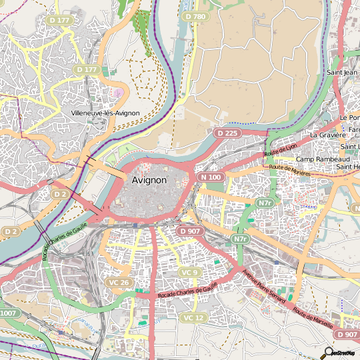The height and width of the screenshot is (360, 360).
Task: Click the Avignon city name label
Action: pyautogui.click(x=149, y=179)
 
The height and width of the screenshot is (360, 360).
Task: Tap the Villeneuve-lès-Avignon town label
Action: pyautogui.click(x=105, y=113)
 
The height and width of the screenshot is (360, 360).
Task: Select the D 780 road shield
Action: pyautogui.click(x=195, y=15)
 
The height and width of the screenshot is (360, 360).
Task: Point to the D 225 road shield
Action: pyautogui.click(x=227, y=133)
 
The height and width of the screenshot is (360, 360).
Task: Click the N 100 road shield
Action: pyautogui.click(x=210, y=177)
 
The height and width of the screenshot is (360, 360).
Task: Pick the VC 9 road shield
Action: pyautogui.click(x=189, y=273)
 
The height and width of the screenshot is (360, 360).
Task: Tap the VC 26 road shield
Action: pyautogui.click(x=117, y=283)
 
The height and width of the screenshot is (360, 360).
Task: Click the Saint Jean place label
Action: pyautogui.click(x=342, y=72)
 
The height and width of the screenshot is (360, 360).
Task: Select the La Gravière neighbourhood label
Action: pyautogui.click(x=327, y=134)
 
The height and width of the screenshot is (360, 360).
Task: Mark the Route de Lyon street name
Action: pyautogui.click(x=280, y=150)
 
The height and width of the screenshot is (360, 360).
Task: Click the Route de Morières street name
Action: pyautogui.click(x=290, y=169)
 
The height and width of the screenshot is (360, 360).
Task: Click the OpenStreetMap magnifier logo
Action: pyautogui.click(x=329, y=352)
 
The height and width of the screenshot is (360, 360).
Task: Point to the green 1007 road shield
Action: pyautogui.click(x=8, y=313)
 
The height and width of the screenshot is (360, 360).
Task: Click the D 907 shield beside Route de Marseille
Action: pyautogui.click(x=347, y=334)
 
